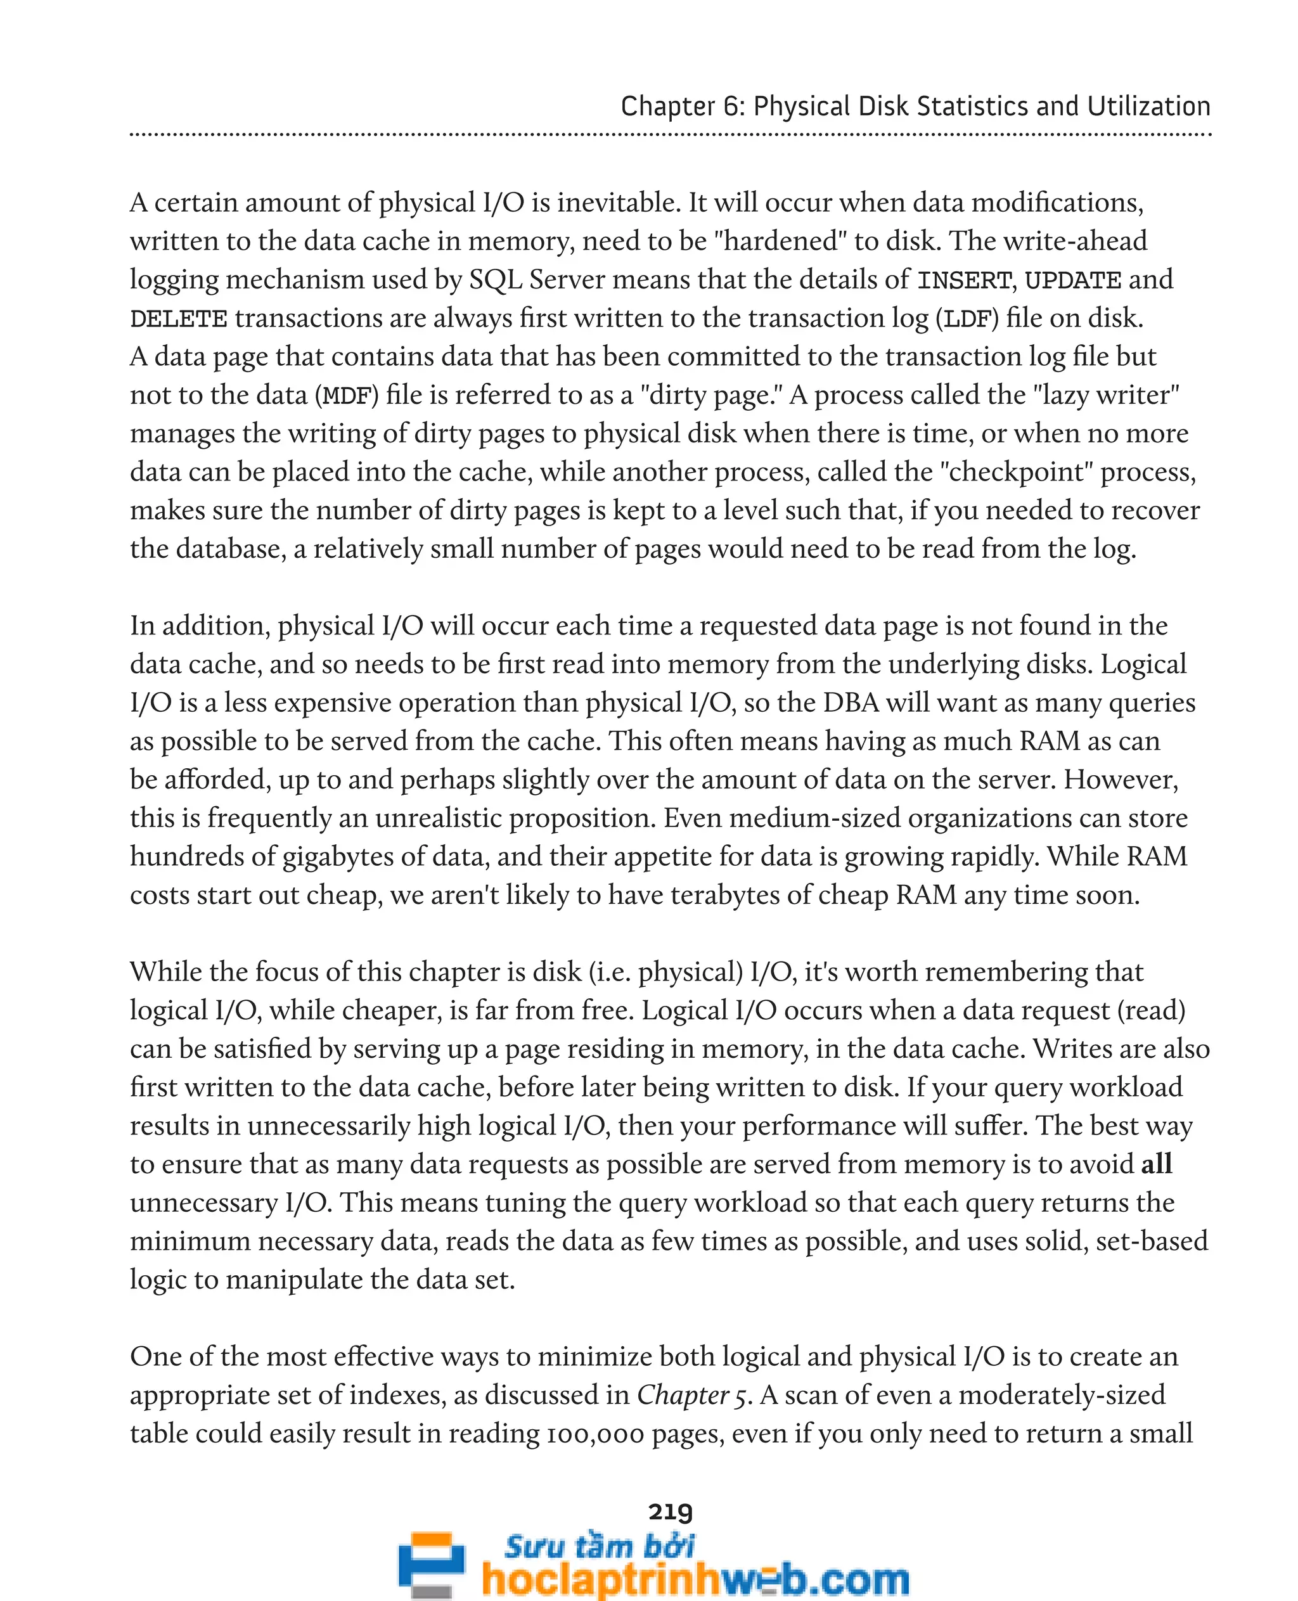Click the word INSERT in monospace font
965,280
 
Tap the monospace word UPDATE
1072,280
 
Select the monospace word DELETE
178,319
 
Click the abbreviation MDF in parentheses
346,395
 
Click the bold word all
1157,1164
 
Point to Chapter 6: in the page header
683,107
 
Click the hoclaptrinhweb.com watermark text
695,1580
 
